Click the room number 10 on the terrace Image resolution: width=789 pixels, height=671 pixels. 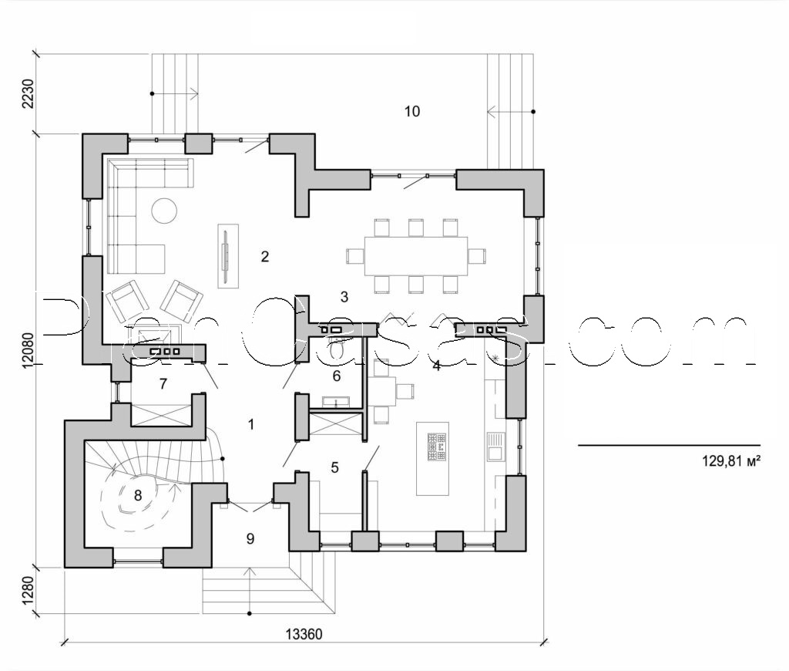tap(411, 112)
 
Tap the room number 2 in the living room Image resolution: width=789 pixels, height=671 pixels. tap(264, 257)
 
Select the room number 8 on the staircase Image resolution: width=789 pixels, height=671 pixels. tap(138, 495)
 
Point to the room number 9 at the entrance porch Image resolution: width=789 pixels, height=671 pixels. tap(250, 538)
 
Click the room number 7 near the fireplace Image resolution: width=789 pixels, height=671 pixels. tap(163, 383)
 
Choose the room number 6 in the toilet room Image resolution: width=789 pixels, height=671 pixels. tap(336, 376)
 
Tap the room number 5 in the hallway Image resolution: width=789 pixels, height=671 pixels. tap(334, 467)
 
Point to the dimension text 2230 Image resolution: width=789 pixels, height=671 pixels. tap(29, 94)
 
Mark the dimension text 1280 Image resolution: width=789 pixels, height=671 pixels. tap(29, 591)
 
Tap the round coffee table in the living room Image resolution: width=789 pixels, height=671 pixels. tap(164, 211)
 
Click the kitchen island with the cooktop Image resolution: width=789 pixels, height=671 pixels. tap(431, 458)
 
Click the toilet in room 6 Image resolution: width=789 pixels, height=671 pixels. tap(336, 349)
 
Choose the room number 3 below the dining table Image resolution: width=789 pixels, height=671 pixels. tap(344, 296)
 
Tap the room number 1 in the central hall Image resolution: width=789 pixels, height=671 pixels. tap(250, 423)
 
